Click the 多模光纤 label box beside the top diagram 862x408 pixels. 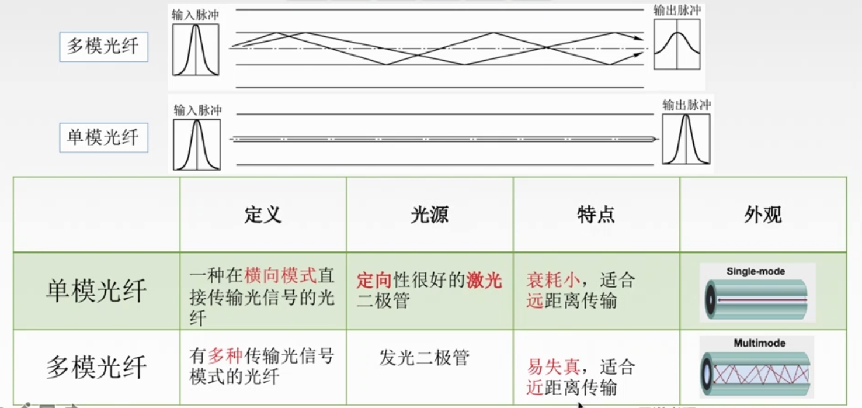(103, 47)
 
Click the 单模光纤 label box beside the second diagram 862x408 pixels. (103, 137)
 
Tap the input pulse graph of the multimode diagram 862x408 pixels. (196, 50)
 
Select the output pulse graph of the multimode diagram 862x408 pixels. (677, 44)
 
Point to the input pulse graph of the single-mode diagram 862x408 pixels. (197, 144)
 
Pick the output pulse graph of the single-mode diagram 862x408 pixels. (686, 139)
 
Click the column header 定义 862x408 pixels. (263, 215)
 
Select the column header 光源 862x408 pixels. (429, 215)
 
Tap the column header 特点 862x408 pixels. (596, 215)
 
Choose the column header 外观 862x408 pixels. (763, 215)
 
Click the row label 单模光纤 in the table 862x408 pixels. (96, 290)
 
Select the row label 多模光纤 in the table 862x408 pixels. (96, 367)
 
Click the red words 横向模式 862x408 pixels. (280, 275)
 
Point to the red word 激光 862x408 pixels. (484, 280)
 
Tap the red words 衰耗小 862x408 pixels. (554, 280)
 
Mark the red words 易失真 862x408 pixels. (554, 366)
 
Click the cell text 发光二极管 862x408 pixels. (424, 358)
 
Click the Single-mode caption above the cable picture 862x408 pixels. (756, 272)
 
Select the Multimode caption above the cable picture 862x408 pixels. (760, 343)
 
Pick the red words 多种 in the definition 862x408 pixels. (225, 355)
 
